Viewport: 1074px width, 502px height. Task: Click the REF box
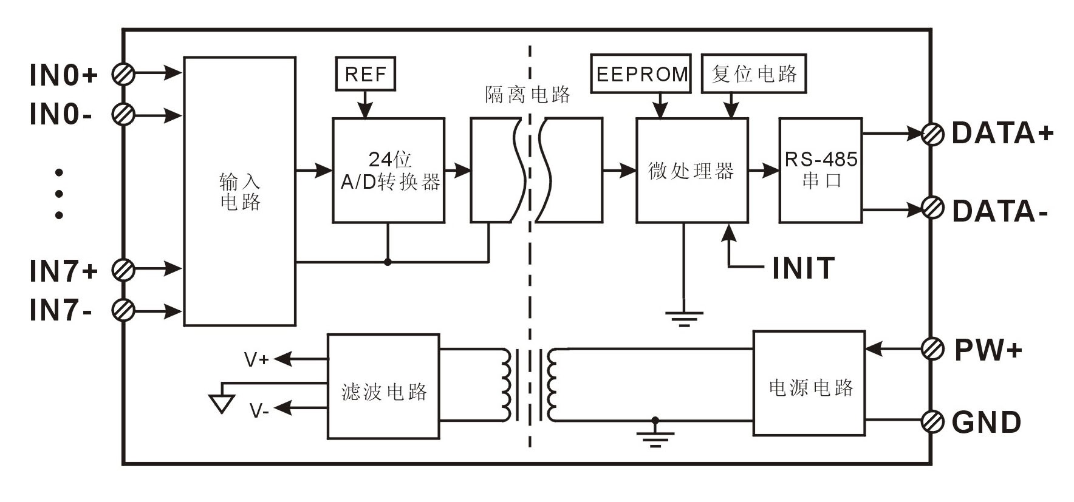365,74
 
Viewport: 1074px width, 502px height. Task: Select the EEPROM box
641,74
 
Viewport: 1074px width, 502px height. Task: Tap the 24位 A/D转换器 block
388,171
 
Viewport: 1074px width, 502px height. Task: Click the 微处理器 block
691,171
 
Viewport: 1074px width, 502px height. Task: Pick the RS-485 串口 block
821,171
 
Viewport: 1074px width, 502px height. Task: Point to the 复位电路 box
754,74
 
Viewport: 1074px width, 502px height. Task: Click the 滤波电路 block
383,386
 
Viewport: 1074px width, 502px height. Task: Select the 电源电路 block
809,383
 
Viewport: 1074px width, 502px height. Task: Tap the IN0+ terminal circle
124,73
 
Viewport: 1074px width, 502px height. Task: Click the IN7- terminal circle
124,311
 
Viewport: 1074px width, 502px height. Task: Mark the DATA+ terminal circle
932,134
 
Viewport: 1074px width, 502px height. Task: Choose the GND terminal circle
932,421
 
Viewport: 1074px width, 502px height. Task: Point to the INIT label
803,268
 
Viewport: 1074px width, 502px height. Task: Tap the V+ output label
256,360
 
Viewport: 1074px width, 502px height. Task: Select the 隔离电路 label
528,94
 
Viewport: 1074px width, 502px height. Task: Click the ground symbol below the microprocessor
684,317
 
